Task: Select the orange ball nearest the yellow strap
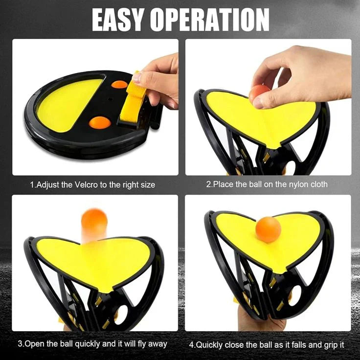[119, 84]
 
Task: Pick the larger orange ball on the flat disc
[100, 122]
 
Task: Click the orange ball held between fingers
[259, 93]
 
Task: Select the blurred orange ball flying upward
[94, 224]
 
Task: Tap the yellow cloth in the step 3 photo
[93, 259]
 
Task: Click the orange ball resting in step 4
[269, 229]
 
